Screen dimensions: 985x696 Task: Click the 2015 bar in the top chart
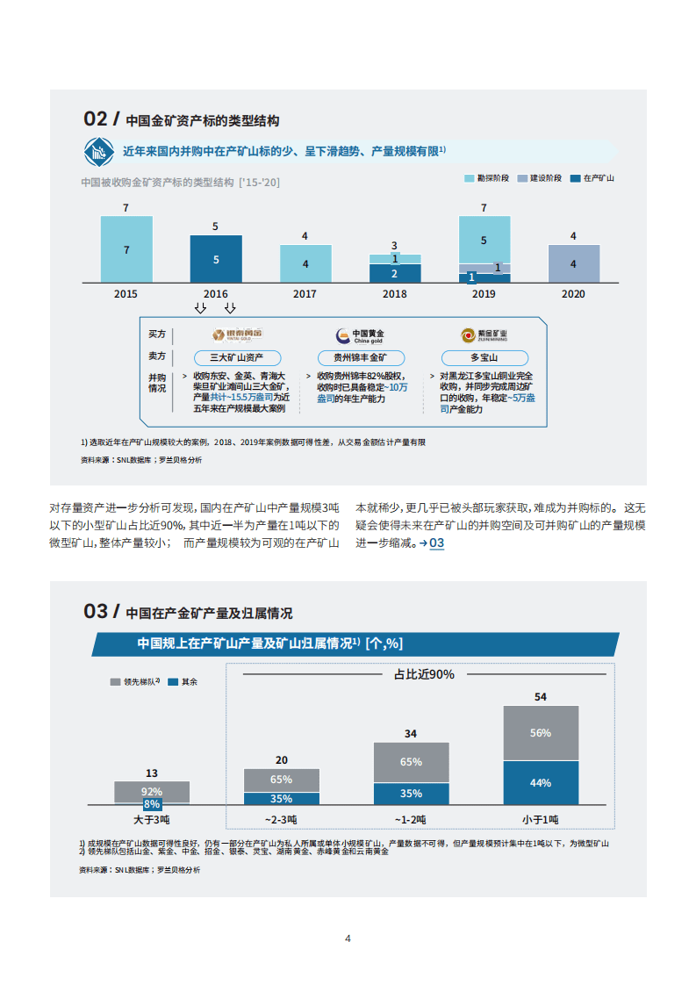pyautogui.click(x=126, y=249)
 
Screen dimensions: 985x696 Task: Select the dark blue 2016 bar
pyautogui.click(x=216, y=259)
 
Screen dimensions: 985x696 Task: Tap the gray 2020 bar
pyautogui.click(x=573, y=263)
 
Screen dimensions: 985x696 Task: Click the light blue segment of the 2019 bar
pyautogui.click(x=484, y=239)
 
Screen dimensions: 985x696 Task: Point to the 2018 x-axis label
pyautogui.click(x=394, y=294)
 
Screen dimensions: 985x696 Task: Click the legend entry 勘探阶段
pyautogui.click(x=488, y=178)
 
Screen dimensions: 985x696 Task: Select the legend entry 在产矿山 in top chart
pyautogui.click(x=593, y=178)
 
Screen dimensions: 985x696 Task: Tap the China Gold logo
pyautogui.click(x=359, y=335)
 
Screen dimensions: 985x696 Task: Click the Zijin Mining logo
pyautogui.click(x=484, y=335)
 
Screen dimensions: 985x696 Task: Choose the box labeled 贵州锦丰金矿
pyautogui.click(x=359, y=358)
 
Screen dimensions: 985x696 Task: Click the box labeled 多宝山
pyautogui.click(x=484, y=358)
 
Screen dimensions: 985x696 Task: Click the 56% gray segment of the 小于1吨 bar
pyautogui.click(x=541, y=733)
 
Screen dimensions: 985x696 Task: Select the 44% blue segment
pyautogui.click(x=541, y=782)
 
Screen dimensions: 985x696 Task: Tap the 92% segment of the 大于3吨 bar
pyautogui.click(x=152, y=790)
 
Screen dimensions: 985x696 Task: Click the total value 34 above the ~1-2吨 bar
pyautogui.click(x=411, y=733)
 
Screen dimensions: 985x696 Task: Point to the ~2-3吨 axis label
pyautogui.click(x=281, y=819)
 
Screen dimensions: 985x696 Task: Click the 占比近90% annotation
pyautogui.click(x=424, y=674)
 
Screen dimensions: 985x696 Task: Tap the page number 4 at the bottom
pyautogui.click(x=348, y=938)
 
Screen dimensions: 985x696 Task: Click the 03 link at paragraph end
pyautogui.click(x=436, y=543)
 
